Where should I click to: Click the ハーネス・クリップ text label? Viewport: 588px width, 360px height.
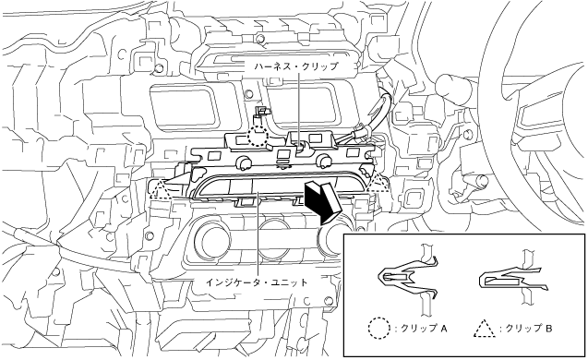[295, 67]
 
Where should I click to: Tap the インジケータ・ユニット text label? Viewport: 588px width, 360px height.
[257, 282]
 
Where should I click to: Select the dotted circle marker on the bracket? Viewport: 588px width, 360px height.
[258, 136]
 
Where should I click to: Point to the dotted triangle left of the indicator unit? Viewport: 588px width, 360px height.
[160, 189]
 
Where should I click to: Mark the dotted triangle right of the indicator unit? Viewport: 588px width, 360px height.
[378, 183]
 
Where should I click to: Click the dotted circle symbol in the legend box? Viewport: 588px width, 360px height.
[380, 329]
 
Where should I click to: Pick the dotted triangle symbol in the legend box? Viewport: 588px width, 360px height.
[486, 329]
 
